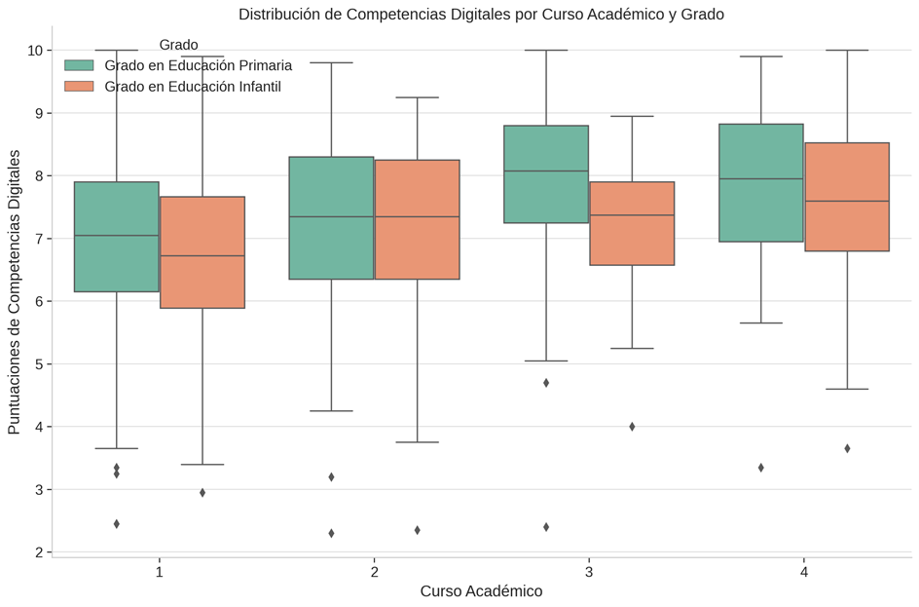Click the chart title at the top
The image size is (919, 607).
tap(481, 14)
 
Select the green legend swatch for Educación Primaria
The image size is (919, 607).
tap(79, 65)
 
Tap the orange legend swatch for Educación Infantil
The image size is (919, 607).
tap(79, 87)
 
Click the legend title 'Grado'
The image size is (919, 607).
tap(178, 45)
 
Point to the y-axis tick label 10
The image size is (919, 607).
tap(35, 51)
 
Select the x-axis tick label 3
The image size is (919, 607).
tap(589, 571)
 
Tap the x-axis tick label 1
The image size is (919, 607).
tap(160, 571)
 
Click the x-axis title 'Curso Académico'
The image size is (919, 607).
tap(481, 591)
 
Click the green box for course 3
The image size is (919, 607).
tap(546, 174)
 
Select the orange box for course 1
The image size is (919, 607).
tap(202, 252)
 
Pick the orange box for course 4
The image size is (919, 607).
tap(847, 197)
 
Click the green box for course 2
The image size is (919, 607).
tap(331, 218)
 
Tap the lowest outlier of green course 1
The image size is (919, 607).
tap(117, 524)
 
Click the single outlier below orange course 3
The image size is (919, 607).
tap(632, 427)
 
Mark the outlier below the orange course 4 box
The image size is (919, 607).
tap(847, 448)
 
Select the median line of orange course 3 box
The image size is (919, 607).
tap(632, 215)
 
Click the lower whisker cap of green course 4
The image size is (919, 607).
tap(761, 322)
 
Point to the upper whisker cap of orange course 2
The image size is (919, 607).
tap(418, 97)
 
